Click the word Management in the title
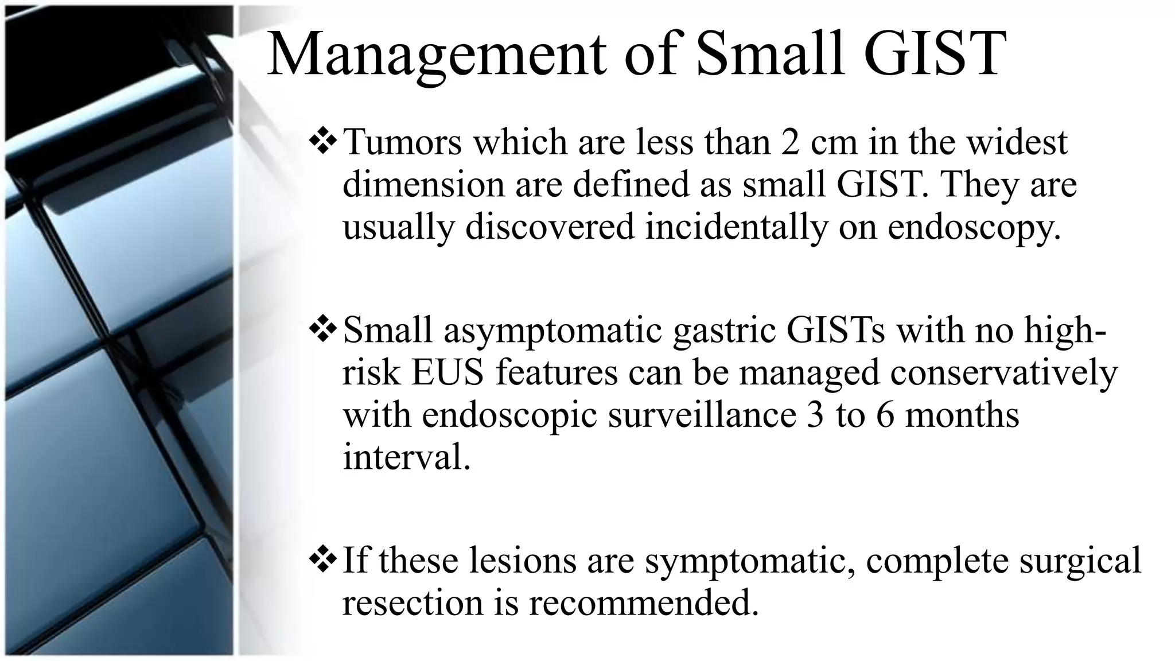436,55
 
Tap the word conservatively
1004,372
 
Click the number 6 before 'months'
885,415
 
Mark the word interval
406,457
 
